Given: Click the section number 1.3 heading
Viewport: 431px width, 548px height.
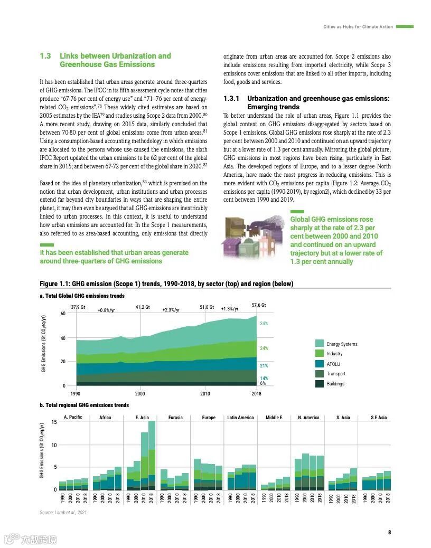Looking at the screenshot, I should [45, 56].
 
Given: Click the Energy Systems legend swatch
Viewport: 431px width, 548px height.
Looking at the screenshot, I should [319, 344].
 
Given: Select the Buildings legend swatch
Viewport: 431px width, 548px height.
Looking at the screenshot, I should [319, 384].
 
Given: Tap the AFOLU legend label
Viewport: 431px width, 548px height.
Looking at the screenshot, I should [333, 364].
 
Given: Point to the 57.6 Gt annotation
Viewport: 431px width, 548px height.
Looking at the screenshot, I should [259, 305].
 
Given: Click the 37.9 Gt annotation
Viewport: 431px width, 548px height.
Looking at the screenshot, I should [78, 307].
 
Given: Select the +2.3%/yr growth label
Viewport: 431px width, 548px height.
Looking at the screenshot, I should [171, 310].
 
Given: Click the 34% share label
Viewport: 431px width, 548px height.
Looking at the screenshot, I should [264, 323].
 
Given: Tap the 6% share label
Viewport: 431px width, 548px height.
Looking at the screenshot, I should [263, 383].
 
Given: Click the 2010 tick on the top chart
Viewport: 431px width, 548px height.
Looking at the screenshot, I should [205, 394].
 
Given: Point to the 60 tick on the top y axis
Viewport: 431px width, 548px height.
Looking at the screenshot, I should [63, 314].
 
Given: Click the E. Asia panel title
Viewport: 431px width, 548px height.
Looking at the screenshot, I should [142, 418].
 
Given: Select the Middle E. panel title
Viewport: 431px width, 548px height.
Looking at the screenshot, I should [275, 418].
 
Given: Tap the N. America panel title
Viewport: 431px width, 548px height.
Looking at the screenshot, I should [308, 418].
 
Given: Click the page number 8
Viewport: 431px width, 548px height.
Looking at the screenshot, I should [389, 532].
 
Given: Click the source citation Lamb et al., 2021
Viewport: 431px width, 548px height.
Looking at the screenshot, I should [63, 513].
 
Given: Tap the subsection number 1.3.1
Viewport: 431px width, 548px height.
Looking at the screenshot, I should [232, 99].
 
